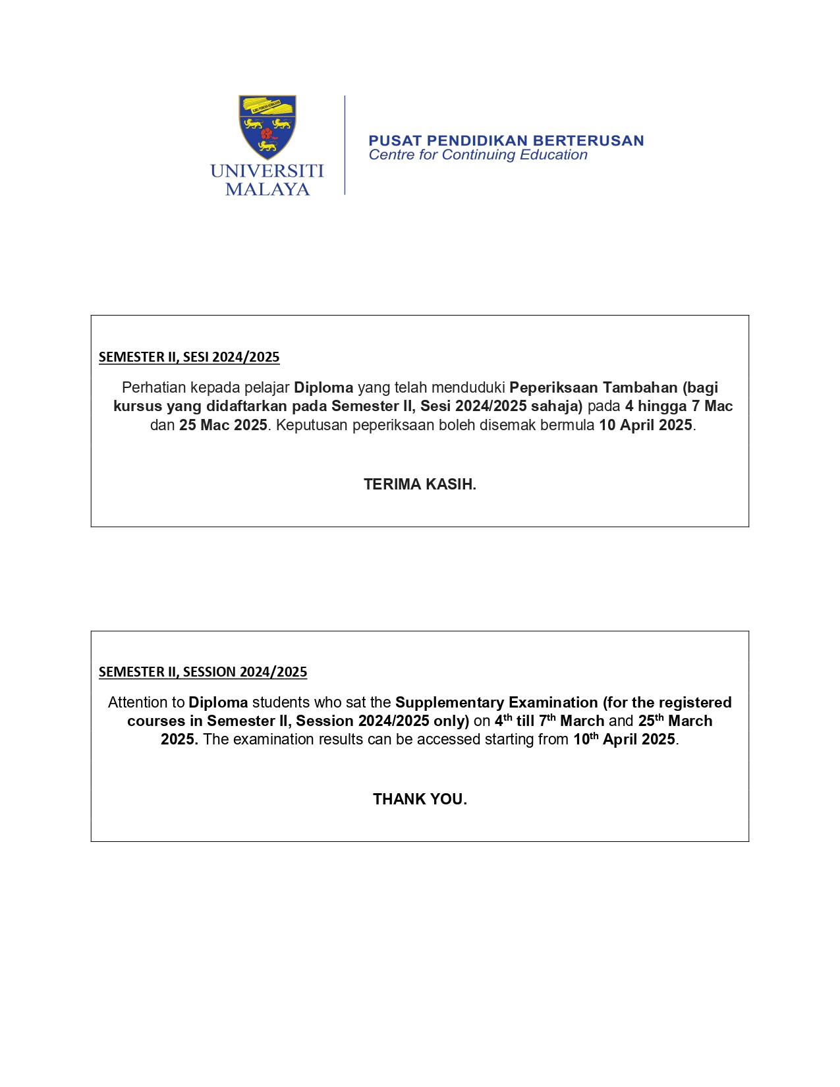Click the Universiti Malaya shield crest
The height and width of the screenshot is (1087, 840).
tap(267, 126)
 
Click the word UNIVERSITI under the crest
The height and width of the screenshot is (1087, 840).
tap(267, 171)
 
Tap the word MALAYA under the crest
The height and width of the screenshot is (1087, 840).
tap(267, 190)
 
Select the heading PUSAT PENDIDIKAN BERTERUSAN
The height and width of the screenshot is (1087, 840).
tap(506, 140)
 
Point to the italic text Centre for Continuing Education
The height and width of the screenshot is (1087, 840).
tap(478, 155)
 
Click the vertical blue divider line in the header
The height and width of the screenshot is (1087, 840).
tap(345, 145)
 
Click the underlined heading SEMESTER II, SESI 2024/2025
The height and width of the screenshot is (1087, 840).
tap(189, 357)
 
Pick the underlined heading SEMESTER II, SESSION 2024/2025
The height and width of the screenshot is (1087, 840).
tap(203, 672)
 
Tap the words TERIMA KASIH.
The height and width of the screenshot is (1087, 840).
tap(420, 484)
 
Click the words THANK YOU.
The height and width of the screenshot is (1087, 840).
tap(420, 799)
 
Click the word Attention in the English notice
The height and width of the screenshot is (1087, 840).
tap(146, 702)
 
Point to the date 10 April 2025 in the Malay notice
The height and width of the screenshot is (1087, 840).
tap(645, 425)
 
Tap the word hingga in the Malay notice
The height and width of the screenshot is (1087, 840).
tap(662, 406)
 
